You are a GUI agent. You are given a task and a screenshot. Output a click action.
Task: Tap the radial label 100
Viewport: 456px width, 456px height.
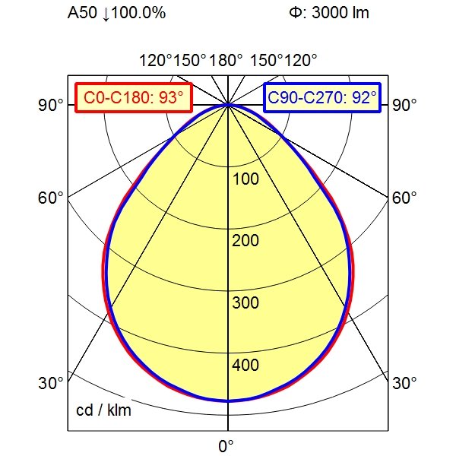click(x=246, y=179)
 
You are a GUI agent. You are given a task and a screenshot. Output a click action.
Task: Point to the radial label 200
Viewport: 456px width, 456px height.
click(x=246, y=242)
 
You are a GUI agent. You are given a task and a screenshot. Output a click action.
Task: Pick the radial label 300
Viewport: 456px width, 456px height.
click(x=246, y=304)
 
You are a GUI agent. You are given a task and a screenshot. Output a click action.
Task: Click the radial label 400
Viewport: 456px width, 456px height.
click(x=246, y=366)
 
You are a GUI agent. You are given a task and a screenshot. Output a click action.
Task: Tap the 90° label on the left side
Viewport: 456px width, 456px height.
click(x=51, y=105)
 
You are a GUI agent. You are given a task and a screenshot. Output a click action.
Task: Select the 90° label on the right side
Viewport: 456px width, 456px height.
click(x=405, y=105)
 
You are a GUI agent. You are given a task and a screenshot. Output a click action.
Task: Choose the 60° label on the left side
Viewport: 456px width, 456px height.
click(x=51, y=198)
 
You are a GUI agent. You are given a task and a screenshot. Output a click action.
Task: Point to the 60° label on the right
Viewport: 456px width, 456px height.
click(x=405, y=198)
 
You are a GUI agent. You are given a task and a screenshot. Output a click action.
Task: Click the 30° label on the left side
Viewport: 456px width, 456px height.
click(x=51, y=383)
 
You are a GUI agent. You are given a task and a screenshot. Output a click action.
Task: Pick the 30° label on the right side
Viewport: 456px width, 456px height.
click(x=405, y=383)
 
